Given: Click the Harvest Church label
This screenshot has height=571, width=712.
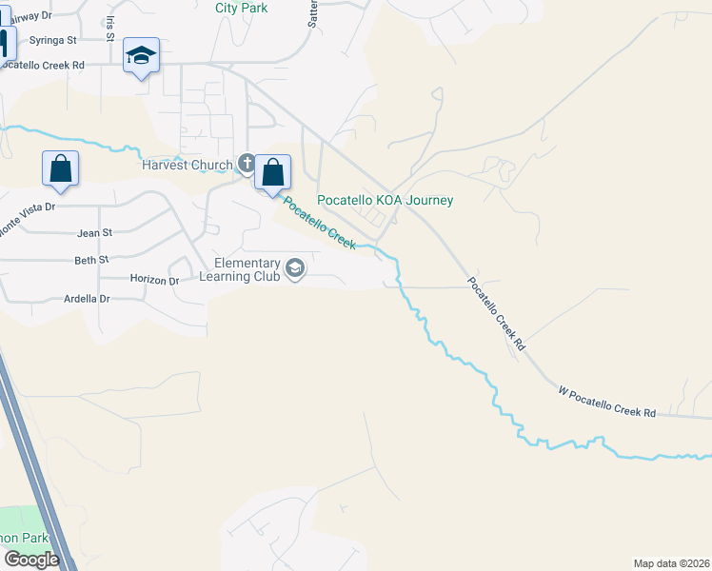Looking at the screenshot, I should click(x=187, y=165).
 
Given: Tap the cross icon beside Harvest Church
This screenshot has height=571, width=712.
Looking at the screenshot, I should click(x=247, y=165).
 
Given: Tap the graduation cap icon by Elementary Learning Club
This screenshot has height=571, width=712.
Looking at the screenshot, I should click(x=295, y=269).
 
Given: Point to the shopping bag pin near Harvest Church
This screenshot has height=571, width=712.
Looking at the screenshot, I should click(x=272, y=173).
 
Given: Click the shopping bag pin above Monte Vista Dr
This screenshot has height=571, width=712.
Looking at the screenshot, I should click(x=61, y=168).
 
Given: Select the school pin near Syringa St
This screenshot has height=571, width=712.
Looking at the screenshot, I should click(x=141, y=56).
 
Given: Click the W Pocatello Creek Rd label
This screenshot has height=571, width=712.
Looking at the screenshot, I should click(x=606, y=400).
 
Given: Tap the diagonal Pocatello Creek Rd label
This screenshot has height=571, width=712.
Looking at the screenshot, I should click(x=496, y=315).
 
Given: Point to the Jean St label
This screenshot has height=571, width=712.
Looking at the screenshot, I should click(x=94, y=232).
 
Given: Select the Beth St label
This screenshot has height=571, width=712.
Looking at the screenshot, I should click(x=92, y=260).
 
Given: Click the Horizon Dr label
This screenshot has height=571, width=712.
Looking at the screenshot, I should click(x=154, y=281).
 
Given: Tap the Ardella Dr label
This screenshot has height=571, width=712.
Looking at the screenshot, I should click(x=87, y=299).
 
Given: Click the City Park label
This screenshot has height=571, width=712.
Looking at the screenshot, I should click(x=242, y=8).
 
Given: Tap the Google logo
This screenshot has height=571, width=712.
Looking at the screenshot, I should click(x=30, y=560).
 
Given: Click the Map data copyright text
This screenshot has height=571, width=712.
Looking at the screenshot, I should click(x=671, y=563).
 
